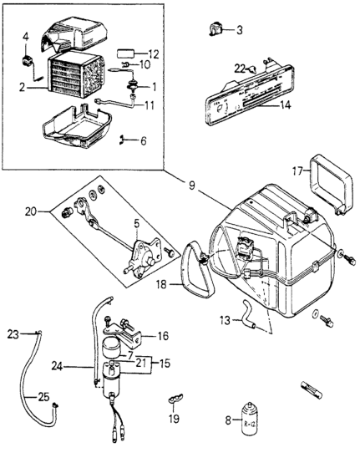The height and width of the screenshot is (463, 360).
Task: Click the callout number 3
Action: pos(239,31)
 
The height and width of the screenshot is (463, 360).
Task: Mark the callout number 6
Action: pos(143,140)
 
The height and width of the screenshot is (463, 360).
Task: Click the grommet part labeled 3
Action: pos(217,31)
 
